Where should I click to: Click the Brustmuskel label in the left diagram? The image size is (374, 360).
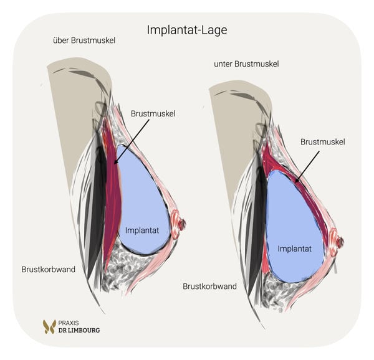point(153,113)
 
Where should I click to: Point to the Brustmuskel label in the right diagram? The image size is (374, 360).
point(322,142)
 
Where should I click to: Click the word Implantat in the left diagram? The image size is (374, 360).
point(142,230)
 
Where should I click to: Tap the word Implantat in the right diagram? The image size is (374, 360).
point(295,248)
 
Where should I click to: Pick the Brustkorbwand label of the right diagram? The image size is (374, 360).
point(210,287)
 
